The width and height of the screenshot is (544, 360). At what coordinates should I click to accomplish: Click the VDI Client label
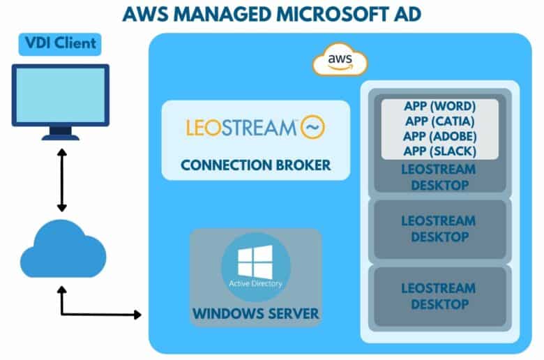click(x=60, y=44)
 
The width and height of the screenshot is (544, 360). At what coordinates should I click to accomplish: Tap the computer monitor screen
click(x=61, y=95)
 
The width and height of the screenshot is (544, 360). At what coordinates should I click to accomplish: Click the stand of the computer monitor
click(x=61, y=133)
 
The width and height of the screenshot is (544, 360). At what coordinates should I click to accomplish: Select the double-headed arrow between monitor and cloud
click(x=62, y=180)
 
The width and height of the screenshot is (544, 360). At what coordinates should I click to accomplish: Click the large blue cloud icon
click(x=63, y=249)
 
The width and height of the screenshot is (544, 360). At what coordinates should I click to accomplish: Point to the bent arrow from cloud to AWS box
click(x=62, y=315)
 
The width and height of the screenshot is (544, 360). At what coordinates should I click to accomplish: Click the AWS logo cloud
click(x=340, y=60)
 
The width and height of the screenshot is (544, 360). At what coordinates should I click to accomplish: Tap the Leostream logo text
click(x=241, y=128)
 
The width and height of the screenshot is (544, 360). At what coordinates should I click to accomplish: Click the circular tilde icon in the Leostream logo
click(x=312, y=127)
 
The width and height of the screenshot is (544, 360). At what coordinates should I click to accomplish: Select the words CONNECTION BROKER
click(x=256, y=165)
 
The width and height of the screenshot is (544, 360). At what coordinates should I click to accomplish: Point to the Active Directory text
click(x=256, y=284)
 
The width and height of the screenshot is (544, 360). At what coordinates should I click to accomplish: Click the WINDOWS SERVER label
click(x=256, y=313)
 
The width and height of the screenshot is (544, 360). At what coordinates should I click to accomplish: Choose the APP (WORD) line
click(x=439, y=106)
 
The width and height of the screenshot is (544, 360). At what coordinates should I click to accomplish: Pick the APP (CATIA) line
click(x=439, y=121)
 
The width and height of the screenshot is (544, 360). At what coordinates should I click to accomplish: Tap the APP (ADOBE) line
click(x=439, y=136)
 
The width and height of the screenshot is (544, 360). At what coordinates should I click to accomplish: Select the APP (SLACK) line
click(x=439, y=151)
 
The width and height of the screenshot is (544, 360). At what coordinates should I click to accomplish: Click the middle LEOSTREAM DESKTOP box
click(x=440, y=229)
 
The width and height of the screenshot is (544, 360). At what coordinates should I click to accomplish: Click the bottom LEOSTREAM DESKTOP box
click(x=440, y=297)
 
